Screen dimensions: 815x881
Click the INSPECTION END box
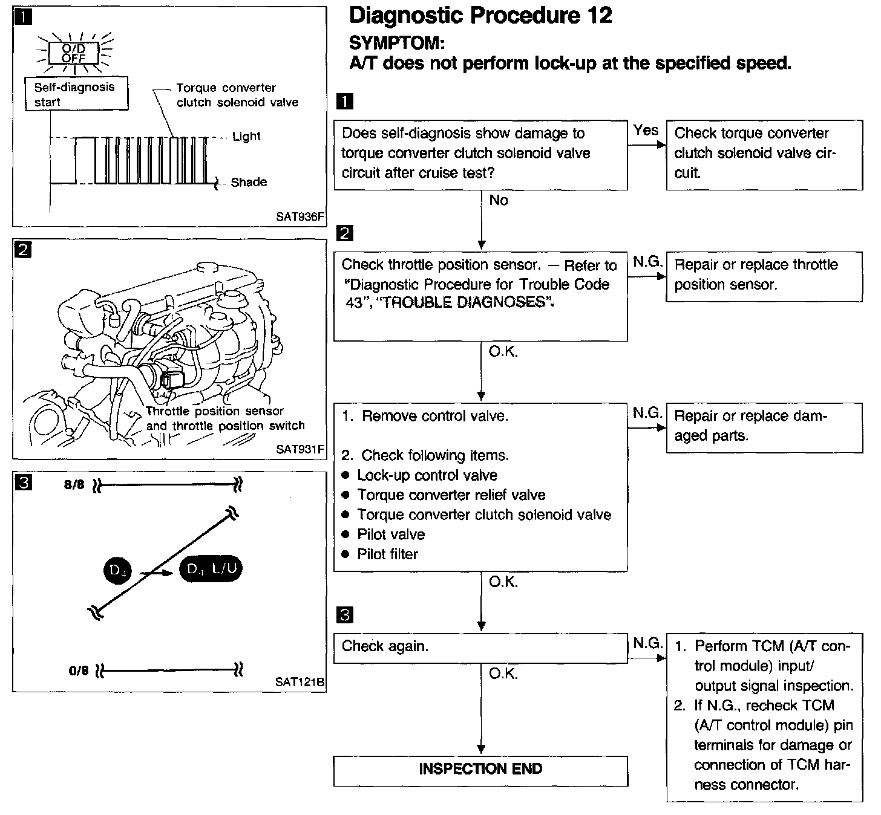pos(480,770)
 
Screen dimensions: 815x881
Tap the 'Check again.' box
pos(480,647)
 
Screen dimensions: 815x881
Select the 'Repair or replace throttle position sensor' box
pos(764,276)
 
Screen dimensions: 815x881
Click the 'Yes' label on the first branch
pos(646,130)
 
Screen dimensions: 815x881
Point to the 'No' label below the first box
pos(499,201)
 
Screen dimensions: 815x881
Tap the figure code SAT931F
pos(300,449)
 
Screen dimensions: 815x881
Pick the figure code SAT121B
pos(300,682)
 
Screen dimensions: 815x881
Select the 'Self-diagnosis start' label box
pos(76,94)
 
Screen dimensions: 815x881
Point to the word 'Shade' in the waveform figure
pos(249,182)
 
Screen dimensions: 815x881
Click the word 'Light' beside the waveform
pos(246,137)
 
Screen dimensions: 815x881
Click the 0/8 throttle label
pos(79,670)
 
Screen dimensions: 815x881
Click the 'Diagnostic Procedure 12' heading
pos(481,16)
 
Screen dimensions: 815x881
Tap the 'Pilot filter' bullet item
pos(387,554)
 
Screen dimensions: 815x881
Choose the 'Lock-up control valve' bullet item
pos(427,476)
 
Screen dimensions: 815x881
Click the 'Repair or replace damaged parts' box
pos(764,426)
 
